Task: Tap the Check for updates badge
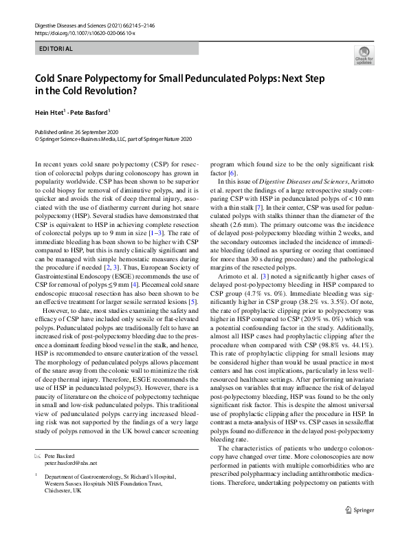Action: [364, 55]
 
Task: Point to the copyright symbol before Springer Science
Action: [36, 138]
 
